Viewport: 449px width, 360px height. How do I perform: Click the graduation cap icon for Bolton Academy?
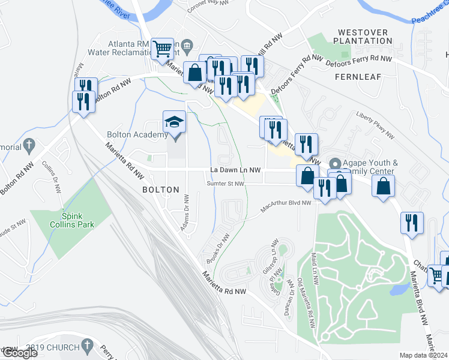click(x=175, y=122)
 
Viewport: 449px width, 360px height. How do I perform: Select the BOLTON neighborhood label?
click(x=160, y=190)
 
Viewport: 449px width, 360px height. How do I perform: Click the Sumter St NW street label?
click(x=225, y=184)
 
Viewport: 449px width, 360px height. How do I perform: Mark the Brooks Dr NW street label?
click(x=218, y=248)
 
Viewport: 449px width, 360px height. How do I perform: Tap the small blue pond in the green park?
click(x=397, y=290)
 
